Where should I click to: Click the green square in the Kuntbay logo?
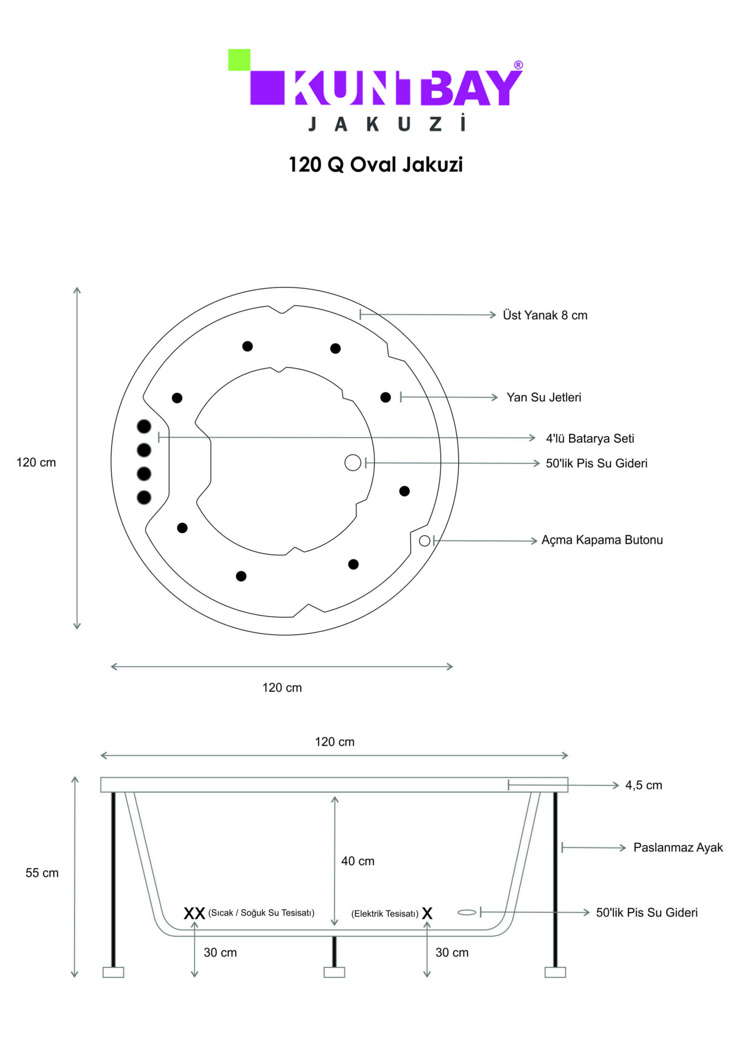click(239, 60)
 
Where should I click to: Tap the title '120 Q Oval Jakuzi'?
click(375, 165)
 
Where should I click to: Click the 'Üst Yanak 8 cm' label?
click(545, 315)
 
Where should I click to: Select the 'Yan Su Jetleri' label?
click(544, 397)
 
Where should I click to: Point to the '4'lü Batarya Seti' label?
click(590, 439)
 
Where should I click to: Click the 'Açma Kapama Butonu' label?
click(602, 540)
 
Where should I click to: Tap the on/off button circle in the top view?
click(425, 541)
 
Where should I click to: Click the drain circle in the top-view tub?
click(353, 462)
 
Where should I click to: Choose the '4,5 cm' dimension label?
click(644, 785)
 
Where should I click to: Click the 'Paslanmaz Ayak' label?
click(678, 847)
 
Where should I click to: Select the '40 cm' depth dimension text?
click(358, 861)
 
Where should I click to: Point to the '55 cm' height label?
click(42, 873)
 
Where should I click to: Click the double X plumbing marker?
click(195, 913)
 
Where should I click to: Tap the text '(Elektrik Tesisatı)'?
click(385, 914)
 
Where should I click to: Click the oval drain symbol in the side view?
click(467, 912)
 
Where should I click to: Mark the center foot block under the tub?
click(334, 972)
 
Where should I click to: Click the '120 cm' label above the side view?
click(335, 742)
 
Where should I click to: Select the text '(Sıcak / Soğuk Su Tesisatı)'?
click(261, 913)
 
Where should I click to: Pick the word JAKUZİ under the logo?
click(387, 123)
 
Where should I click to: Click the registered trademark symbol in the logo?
click(518, 65)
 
